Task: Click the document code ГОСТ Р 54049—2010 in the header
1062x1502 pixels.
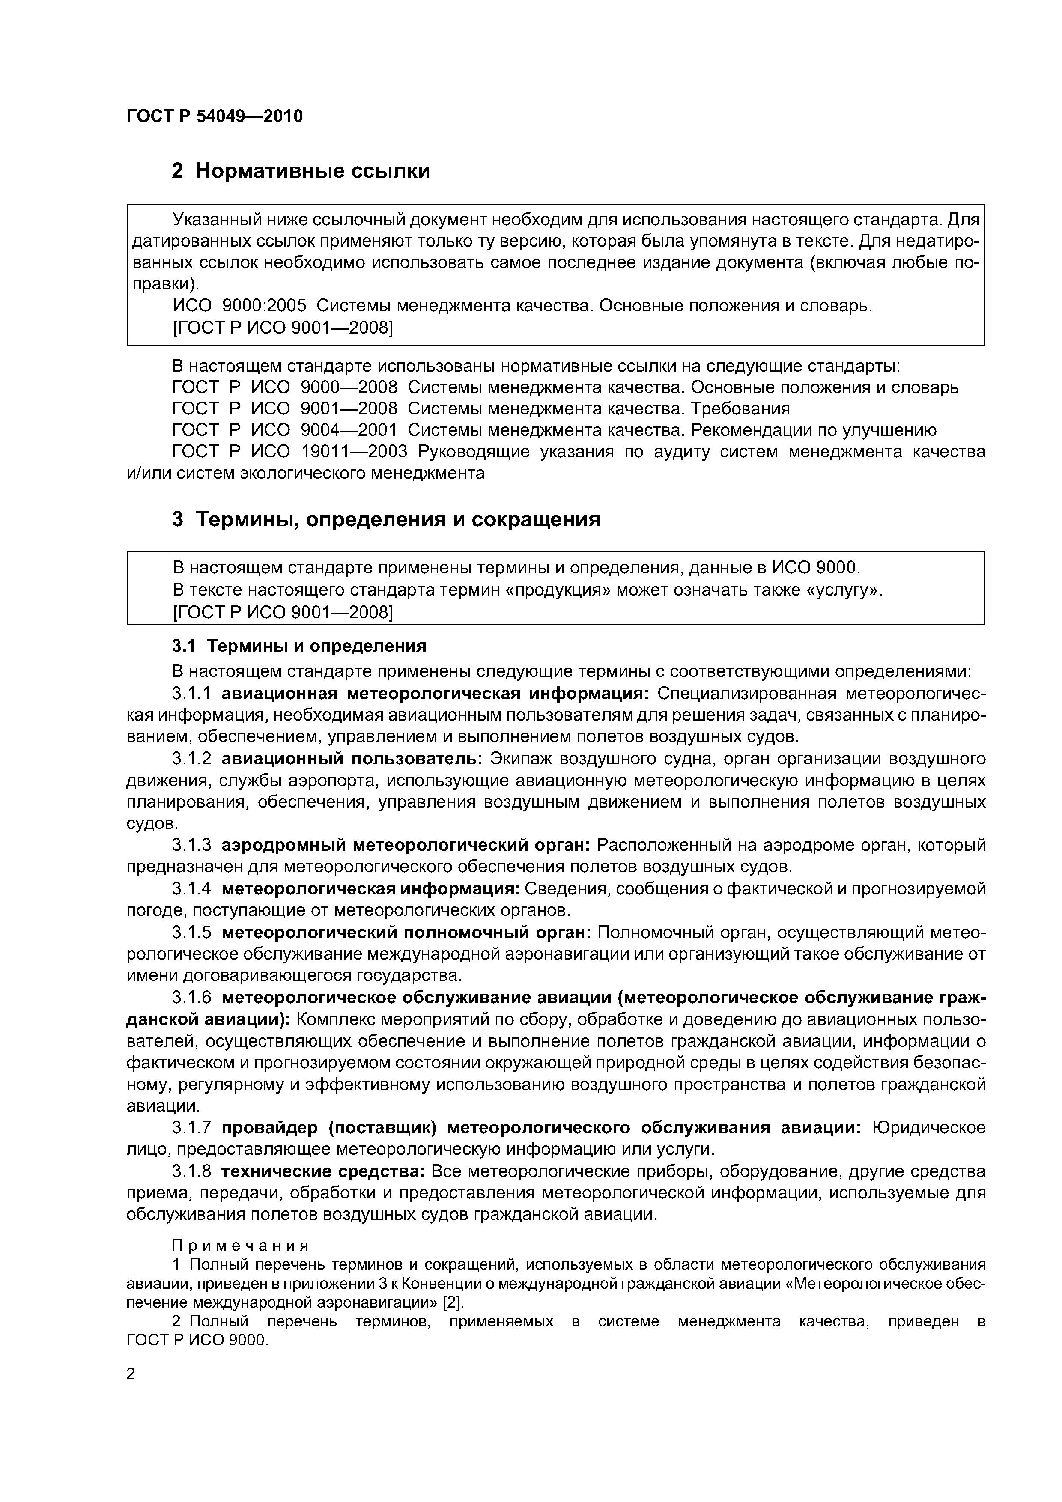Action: [x=214, y=116]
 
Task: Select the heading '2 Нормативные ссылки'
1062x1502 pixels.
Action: [x=300, y=171]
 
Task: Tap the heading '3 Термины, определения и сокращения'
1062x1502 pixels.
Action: [x=385, y=519]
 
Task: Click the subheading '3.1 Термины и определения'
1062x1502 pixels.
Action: [x=299, y=646]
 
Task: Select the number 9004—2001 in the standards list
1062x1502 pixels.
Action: [x=348, y=430]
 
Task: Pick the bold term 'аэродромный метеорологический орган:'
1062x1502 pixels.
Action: [x=406, y=845]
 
